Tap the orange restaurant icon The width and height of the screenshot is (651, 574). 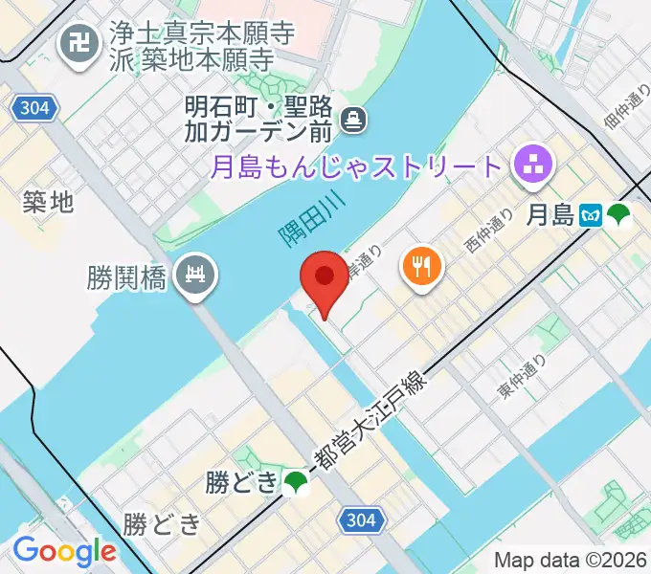tap(421, 264)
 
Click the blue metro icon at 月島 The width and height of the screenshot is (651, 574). tap(594, 216)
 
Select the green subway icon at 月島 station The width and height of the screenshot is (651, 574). tap(619, 216)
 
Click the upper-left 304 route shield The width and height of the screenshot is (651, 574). tap(33, 108)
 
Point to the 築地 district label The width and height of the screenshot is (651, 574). tap(48, 202)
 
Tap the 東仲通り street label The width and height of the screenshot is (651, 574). tap(523, 376)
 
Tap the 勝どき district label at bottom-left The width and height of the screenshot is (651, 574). tap(163, 524)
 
